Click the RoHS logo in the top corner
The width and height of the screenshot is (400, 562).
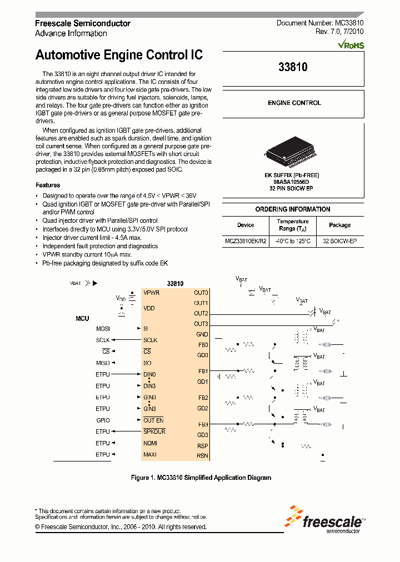[x=351, y=44]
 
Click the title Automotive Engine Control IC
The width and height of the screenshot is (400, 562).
[x=119, y=55]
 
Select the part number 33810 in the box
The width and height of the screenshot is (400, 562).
[x=293, y=67]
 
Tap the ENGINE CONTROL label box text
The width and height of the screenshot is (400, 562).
[x=294, y=103]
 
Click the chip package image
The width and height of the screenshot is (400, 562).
[x=293, y=152]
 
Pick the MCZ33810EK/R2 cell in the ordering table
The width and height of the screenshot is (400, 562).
[x=246, y=242]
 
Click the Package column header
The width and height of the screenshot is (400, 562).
[x=339, y=225]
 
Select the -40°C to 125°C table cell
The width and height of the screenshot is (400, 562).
[x=293, y=242]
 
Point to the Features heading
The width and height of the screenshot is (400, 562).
[x=48, y=185]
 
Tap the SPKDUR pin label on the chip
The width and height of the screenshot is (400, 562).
[x=154, y=431]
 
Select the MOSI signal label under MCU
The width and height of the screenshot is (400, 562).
[x=103, y=329]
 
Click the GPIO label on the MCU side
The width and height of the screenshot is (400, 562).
[x=103, y=420]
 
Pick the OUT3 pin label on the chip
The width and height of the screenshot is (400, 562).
[x=201, y=324]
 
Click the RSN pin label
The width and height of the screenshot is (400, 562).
[x=202, y=455]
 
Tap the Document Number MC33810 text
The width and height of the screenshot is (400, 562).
[x=320, y=23]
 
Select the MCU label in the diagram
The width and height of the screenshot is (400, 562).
[x=82, y=319]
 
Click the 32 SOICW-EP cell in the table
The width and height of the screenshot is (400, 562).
[x=339, y=242]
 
